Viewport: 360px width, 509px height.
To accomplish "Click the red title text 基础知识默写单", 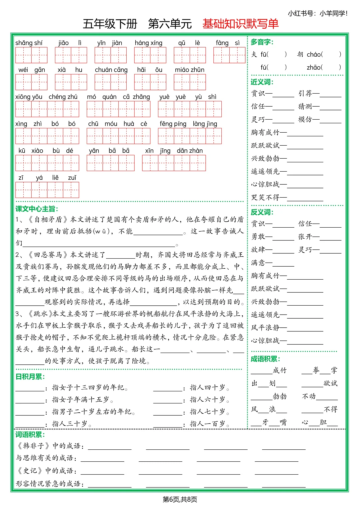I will [x=240, y=24].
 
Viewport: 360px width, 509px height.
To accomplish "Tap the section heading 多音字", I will [x=262, y=42].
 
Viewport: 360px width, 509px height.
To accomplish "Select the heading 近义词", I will [x=262, y=82].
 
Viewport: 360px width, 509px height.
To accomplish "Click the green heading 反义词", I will [x=262, y=212].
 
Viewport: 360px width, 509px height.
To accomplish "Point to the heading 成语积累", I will [x=265, y=359].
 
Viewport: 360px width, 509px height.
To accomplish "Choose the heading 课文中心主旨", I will [x=37, y=209].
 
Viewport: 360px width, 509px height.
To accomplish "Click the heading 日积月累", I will [x=30, y=377].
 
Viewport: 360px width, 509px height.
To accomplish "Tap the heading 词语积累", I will [x=30, y=435].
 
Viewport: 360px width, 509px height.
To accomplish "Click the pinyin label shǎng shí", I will [x=29, y=43].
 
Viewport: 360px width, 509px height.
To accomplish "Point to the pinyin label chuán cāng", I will [x=111, y=70].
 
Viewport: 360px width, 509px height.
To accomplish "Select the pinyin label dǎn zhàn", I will [x=190, y=151].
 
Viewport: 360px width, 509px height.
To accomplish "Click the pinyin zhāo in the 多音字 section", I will [x=314, y=67].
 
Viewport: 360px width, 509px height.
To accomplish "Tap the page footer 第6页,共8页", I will [x=180, y=499].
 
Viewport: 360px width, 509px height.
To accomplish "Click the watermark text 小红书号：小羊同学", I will [x=317, y=13].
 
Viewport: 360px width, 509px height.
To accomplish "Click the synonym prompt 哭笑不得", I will [x=265, y=197].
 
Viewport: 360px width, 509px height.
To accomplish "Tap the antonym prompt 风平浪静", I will [x=265, y=328].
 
